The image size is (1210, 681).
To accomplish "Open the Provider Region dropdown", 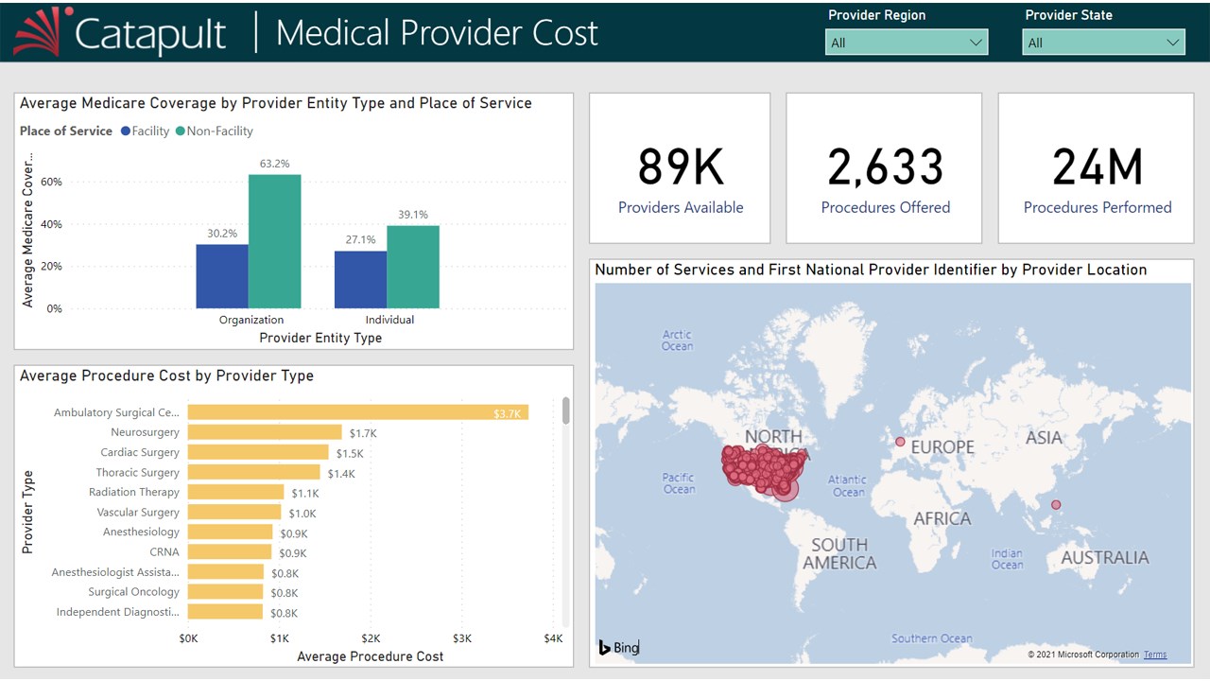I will tap(907, 43).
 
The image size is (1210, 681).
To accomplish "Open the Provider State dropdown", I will tap(1103, 43).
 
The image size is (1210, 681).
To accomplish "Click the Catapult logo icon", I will tap(43, 31).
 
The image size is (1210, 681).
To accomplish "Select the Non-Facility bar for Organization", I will tap(275, 241).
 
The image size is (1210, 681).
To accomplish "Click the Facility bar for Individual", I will tap(360, 279).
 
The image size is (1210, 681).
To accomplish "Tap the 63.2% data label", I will tap(274, 164).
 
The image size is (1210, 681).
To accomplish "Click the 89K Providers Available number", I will tap(680, 166).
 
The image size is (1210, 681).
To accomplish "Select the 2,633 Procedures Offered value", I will tap(885, 166).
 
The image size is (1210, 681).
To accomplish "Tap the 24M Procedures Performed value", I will tap(1097, 166).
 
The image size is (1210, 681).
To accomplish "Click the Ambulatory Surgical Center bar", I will tap(357, 412).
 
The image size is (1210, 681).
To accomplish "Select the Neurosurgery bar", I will tap(265, 432).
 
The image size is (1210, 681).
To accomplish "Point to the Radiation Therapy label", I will tap(133, 492).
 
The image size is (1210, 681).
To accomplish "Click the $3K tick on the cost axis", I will tap(461, 638).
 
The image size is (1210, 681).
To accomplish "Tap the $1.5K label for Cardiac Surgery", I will tap(350, 453).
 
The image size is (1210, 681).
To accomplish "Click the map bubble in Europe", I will tap(900, 442).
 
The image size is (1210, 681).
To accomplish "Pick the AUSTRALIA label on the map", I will tap(1104, 557).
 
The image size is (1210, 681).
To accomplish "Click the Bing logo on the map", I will tap(619, 648).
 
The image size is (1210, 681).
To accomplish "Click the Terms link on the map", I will tap(1154, 655).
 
